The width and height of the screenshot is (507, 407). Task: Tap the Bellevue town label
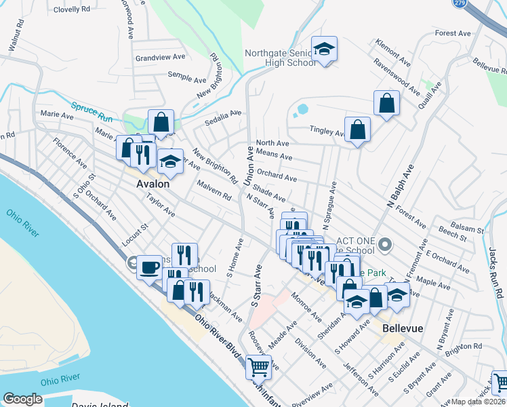click(x=403, y=328)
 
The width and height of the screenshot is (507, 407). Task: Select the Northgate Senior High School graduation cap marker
click(x=325, y=49)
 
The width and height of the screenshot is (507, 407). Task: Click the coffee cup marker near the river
click(x=149, y=265)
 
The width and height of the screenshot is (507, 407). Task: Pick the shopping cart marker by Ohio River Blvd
click(x=258, y=367)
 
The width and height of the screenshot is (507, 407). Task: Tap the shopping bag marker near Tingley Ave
click(x=357, y=129)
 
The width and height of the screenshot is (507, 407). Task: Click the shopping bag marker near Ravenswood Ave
click(x=386, y=103)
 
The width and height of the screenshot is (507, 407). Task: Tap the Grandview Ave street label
click(x=160, y=58)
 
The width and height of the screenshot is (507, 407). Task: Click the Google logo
click(x=22, y=399)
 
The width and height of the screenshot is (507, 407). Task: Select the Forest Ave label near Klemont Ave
click(x=453, y=33)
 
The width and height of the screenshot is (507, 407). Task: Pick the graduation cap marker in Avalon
click(x=170, y=162)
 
